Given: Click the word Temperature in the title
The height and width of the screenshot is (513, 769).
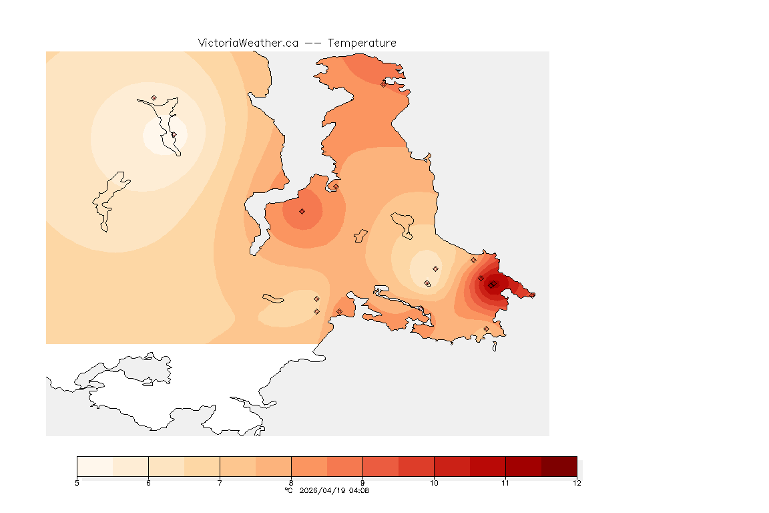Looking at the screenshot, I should (x=362, y=43).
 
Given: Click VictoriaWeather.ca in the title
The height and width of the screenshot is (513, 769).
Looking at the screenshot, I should (x=248, y=43).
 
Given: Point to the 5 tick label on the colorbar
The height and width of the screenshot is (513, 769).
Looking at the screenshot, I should (x=77, y=483).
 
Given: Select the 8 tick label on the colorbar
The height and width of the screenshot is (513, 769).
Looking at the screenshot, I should (x=291, y=483).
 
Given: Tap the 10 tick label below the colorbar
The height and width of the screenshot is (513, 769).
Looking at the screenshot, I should (x=434, y=483).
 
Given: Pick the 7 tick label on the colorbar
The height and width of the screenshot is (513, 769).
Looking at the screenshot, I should (x=220, y=483).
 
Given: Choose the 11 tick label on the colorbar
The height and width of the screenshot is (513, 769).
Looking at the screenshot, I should (x=505, y=483).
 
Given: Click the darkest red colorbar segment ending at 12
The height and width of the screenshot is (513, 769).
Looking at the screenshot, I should (x=559, y=466).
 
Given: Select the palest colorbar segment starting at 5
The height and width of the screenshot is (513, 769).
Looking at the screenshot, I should (x=95, y=466).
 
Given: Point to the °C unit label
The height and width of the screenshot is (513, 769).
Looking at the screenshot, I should (x=288, y=490).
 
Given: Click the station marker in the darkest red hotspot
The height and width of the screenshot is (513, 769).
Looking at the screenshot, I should (x=491, y=285).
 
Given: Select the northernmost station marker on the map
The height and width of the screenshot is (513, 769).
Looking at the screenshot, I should (x=384, y=84).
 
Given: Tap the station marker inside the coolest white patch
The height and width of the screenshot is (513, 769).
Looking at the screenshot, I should (x=174, y=135).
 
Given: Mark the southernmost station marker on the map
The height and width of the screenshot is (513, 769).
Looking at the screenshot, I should (x=486, y=329).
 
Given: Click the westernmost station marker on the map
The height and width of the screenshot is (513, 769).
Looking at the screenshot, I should (x=154, y=98).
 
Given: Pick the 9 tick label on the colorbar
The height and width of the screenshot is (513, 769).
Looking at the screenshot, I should (x=362, y=483).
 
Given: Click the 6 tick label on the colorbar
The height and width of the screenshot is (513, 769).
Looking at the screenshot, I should (x=148, y=483).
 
